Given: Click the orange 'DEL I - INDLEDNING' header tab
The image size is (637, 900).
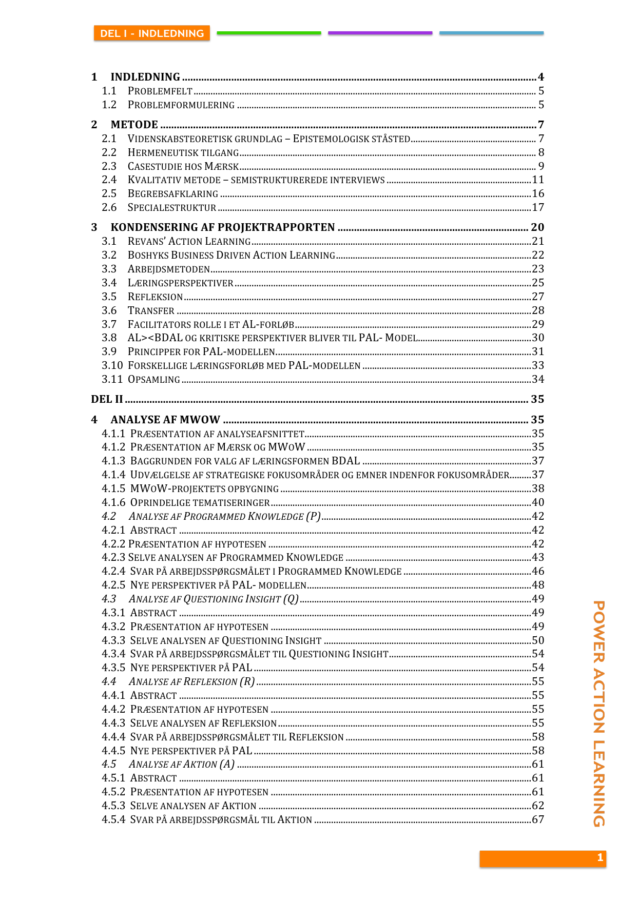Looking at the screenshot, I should (152, 33).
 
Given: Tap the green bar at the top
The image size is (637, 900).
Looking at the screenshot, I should (268, 33).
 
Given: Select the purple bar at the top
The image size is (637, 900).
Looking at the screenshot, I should (380, 33).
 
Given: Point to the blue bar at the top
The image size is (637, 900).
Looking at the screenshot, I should (491, 33).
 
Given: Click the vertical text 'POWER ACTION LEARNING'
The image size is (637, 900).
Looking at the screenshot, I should (599, 713).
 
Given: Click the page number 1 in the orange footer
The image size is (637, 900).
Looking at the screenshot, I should (600, 857).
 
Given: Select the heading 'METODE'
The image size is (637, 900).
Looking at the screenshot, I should (134, 125).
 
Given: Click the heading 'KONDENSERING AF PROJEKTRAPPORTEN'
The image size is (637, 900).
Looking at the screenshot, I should (222, 227).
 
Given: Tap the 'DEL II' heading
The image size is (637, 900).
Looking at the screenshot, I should (107, 399).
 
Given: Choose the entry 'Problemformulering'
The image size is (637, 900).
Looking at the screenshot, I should (181, 105).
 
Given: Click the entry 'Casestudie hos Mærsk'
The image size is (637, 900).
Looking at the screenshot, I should (183, 167).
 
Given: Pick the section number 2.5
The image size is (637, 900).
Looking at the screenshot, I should (109, 194).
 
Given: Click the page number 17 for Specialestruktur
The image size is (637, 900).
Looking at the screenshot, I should (537, 207).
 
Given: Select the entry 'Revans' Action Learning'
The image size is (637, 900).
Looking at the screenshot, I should (189, 242).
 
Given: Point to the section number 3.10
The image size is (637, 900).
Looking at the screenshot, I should (112, 365).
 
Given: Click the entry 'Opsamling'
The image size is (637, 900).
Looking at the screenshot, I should (153, 380).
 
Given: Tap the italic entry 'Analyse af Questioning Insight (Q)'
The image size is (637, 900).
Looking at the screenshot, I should (213, 599).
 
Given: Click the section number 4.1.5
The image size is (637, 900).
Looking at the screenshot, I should (113, 488).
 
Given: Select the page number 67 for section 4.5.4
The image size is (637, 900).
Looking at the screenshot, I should (537, 819).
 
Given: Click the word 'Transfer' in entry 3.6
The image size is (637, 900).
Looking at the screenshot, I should (151, 311).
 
